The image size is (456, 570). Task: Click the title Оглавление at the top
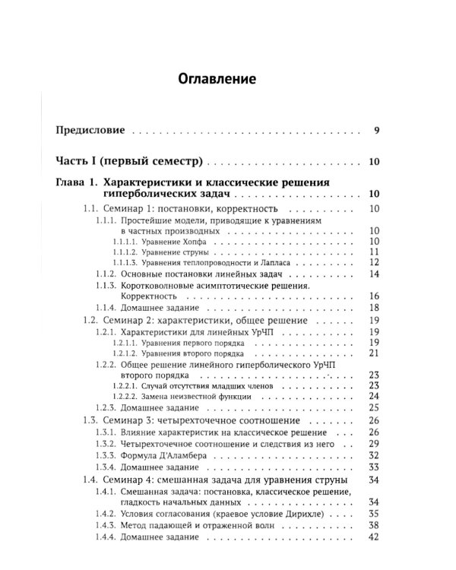[x=217, y=78]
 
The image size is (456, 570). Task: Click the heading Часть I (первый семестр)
[x=131, y=162]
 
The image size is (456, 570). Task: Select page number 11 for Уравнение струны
[x=373, y=252]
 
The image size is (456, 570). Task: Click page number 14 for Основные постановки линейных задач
[x=373, y=274]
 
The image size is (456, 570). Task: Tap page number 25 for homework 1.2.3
[x=373, y=408]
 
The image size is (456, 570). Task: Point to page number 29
[x=373, y=442]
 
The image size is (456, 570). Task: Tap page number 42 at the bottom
[x=373, y=537]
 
